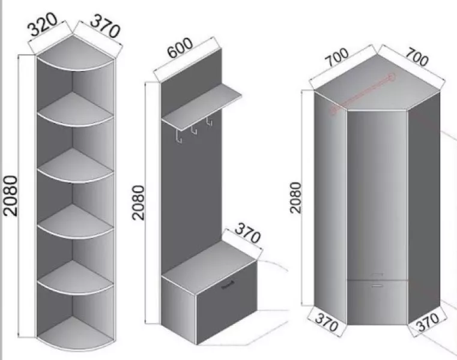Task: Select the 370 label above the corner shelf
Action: (x=105, y=26)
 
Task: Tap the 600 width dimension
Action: (x=180, y=47)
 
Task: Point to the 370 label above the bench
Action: (x=247, y=233)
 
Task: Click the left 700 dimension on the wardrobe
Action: (x=336, y=57)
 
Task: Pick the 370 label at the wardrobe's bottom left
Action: (x=327, y=322)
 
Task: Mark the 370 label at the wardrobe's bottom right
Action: (x=428, y=322)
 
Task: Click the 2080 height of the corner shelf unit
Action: (x=10, y=196)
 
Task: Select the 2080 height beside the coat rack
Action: (x=139, y=203)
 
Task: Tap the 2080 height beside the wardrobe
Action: (x=295, y=198)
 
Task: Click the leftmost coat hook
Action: (x=179, y=137)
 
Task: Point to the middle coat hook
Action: (x=194, y=130)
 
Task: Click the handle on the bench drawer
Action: (x=228, y=285)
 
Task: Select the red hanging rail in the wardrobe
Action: (x=363, y=93)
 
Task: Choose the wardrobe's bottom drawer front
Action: (x=377, y=302)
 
